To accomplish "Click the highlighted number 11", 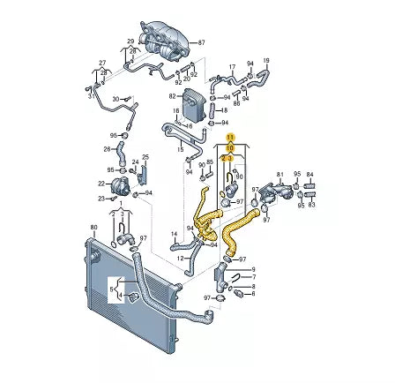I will [x=230, y=138].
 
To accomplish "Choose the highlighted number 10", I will [x=230, y=148].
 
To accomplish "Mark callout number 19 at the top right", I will [x=267, y=61].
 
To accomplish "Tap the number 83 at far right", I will [x=309, y=206].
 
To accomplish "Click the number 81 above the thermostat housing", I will [x=280, y=175].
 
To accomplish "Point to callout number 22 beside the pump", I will [x=101, y=183].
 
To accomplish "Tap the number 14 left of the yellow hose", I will [x=175, y=233].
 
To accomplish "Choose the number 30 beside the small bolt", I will [x=115, y=99].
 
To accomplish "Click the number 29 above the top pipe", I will [x=130, y=41].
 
